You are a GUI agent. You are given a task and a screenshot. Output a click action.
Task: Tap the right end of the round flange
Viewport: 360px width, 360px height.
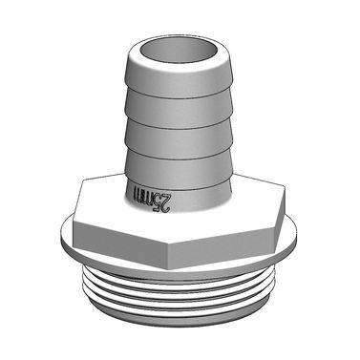tap(300, 234)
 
